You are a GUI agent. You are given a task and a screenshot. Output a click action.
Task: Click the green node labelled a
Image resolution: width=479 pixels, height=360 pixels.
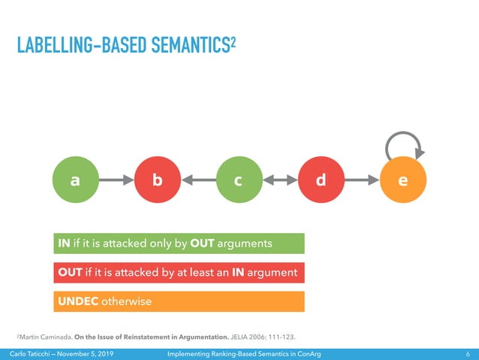pyautogui.click(x=75, y=180)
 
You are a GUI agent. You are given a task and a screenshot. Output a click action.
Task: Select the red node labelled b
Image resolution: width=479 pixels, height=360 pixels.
pyautogui.click(x=157, y=180)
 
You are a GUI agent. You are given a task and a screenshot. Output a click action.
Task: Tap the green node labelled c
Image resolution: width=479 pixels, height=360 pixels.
pyautogui.click(x=238, y=180)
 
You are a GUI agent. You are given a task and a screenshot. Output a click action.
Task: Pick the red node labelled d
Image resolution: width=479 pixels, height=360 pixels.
pyautogui.click(x=321, y=180)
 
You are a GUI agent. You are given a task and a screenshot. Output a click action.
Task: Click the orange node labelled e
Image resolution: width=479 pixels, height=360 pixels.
pyautogui.click(x=403, y=180)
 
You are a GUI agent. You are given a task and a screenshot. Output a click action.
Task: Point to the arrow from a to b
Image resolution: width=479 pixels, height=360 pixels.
pyautogui.click(x=116, y=180)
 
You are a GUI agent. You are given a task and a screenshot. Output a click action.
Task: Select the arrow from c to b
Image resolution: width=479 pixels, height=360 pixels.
pyautogui.click(x=197, y=180)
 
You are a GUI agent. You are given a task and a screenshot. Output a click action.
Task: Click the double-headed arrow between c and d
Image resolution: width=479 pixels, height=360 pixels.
pyautogui.click(x=279, y=180)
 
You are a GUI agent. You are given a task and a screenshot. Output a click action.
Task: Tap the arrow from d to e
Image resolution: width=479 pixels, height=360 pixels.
pyautogui.click(x=362, y=180)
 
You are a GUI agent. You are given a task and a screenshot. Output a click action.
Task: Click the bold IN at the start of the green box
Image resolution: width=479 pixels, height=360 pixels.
pyautogui.click(x=65, y=244)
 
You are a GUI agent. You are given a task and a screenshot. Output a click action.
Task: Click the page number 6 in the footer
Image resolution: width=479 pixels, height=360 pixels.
pyautogui.click(x=468, y=354)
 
